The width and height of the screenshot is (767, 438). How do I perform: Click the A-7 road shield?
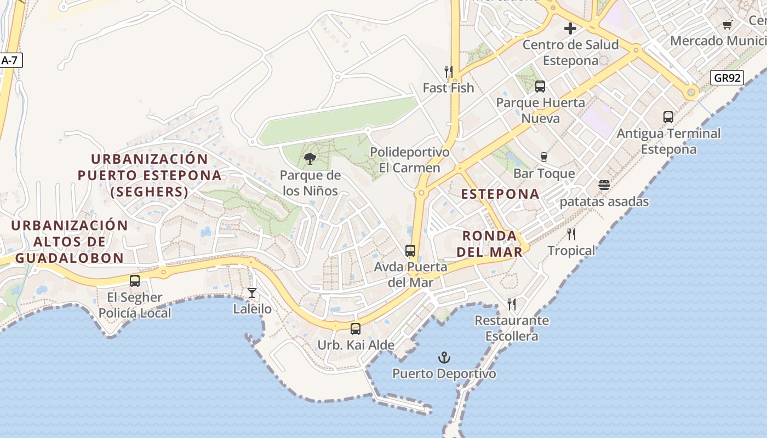pyautogui.click(x=9, y=60)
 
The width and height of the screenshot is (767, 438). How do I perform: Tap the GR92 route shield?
pyautogui.click(x=728, y=78)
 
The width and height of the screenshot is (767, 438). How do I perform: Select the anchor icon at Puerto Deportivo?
pyautogui.click(x=444, y=358)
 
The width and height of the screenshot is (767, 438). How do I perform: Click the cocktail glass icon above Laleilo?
pyautogui.click(x=252, y=293)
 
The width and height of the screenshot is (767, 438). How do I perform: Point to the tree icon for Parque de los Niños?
pyautogui.click(x=310, y=159)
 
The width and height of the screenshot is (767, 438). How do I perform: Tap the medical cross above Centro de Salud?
pyautogui.click(x=570, y=28)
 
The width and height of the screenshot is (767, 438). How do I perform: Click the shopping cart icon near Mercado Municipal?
pyautogui.click(x=728, y=25)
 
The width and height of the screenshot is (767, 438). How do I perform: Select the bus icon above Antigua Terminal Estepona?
pyautogui.click(x=668, y=117)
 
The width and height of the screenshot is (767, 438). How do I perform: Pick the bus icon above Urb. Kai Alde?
pyautogui.click(x=356, y=329)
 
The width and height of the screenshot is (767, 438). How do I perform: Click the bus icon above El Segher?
pyautogui.click(x=135, y=281)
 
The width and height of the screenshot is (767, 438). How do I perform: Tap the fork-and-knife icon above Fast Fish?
pyautogui.click(x=448, y=71)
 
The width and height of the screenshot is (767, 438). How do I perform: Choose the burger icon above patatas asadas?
pyautogui.click(x=604, y=185)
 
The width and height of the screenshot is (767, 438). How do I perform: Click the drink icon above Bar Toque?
pyautogui.click(x=544, y=157)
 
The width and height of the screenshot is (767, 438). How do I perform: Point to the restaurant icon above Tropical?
pyautogui.click(x=571, y=234)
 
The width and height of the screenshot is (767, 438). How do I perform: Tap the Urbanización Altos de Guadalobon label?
pyautogui.click(x=70, y=241)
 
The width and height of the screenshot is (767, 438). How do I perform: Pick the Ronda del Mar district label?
pyautogui.click(x=490, y=244)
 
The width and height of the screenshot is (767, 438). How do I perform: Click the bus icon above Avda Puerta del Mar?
pyautogui.click(x=410, y=251)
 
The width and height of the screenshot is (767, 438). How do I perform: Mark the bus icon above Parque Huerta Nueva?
pyautogui.click(x=540, y=86)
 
